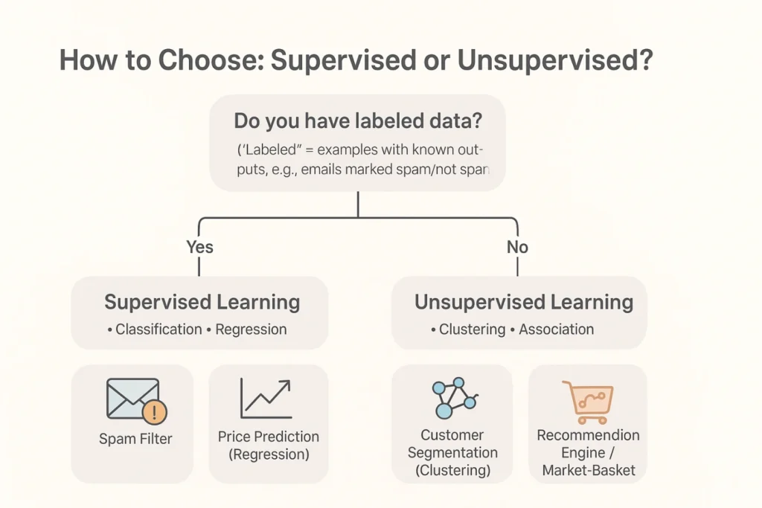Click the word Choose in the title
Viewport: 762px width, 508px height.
tap(211, 60)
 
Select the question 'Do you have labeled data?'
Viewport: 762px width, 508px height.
tap(358, 120)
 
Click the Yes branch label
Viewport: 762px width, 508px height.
tap(199, 247)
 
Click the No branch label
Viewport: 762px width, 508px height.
tap(517, 247)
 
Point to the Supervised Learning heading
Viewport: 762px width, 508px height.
tap(202, 302)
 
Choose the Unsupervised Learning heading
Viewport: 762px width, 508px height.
tap(524, 302)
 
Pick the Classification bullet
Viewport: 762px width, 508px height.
tap(155, 329)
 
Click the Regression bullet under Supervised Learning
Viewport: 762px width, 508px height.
tap(247, 329)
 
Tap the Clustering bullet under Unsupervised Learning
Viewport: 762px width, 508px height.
tap(469, 329)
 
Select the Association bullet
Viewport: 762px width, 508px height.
tap(552, 329)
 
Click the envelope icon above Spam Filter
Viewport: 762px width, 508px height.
tap(133, 398)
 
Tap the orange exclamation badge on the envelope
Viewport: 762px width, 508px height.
tap(155, 412)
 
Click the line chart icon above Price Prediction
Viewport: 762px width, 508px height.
tap(266, 398)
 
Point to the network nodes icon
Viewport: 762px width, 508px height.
tap(455, 397)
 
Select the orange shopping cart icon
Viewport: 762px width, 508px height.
tap(589, 402)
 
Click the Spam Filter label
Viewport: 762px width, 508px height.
tap(135, 439)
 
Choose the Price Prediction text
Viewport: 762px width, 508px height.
tap(268, 437)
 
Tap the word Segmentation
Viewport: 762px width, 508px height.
tap(452, 453)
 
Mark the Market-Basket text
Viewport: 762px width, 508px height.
tap(589, 470)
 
